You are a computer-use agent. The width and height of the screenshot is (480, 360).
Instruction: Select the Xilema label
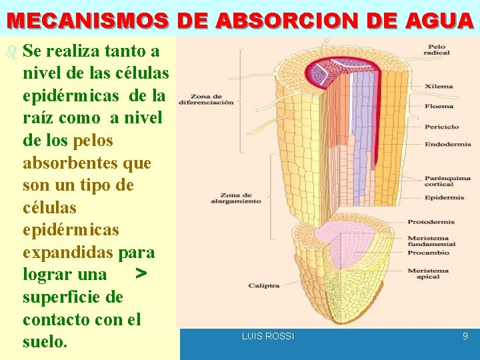pyautogui.click(x=439, y=86)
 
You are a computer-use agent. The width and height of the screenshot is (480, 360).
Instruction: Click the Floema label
pyautogui.click(x=439, y=106)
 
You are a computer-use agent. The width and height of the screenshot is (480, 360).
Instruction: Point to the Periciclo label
pyautogui.click(x=441, y=127)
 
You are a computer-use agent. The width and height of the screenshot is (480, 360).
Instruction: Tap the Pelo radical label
pyautogui.click(x=437, y=49)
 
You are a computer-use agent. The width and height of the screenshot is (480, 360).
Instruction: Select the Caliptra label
pyautogui.click(x=264, y=285)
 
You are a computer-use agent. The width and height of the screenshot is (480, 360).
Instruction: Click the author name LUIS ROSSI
pyautogui.click(x=267, y=337)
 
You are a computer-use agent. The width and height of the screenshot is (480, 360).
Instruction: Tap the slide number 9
pyautogui.click(x=465, y=337)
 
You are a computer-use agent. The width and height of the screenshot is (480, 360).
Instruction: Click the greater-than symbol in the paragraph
pyautogui.click(x=139, y=273)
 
